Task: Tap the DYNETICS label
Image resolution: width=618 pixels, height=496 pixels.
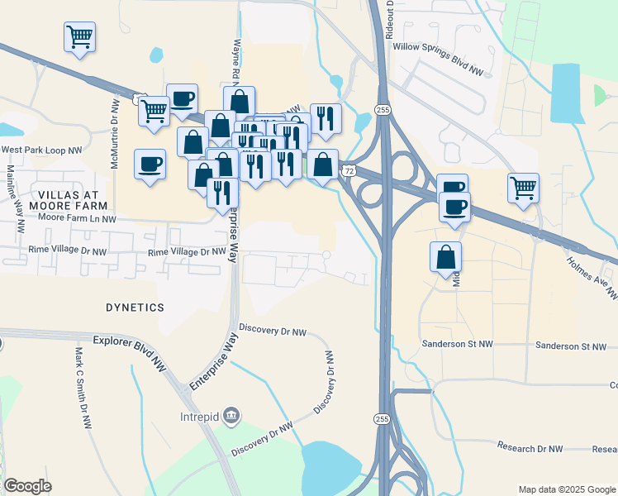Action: point(135,307)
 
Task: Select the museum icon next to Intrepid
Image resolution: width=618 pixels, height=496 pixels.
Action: point(232,415)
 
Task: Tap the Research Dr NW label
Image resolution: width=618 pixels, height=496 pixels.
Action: point(530,447)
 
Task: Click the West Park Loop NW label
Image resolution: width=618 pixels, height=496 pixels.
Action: point(42,150)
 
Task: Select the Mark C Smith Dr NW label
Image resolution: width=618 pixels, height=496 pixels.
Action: point(81,387)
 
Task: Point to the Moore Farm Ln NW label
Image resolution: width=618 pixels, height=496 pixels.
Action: point(78,219)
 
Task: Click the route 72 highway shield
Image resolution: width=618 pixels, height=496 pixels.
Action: point(350,170)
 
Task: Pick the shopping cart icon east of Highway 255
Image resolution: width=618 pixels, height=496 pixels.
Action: point(524,189)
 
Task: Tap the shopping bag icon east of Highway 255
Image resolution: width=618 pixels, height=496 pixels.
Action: point(446,256)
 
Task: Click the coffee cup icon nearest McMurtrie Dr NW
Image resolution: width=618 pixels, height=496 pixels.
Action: point(150,165)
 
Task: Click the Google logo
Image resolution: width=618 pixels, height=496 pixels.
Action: point(27,486)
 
